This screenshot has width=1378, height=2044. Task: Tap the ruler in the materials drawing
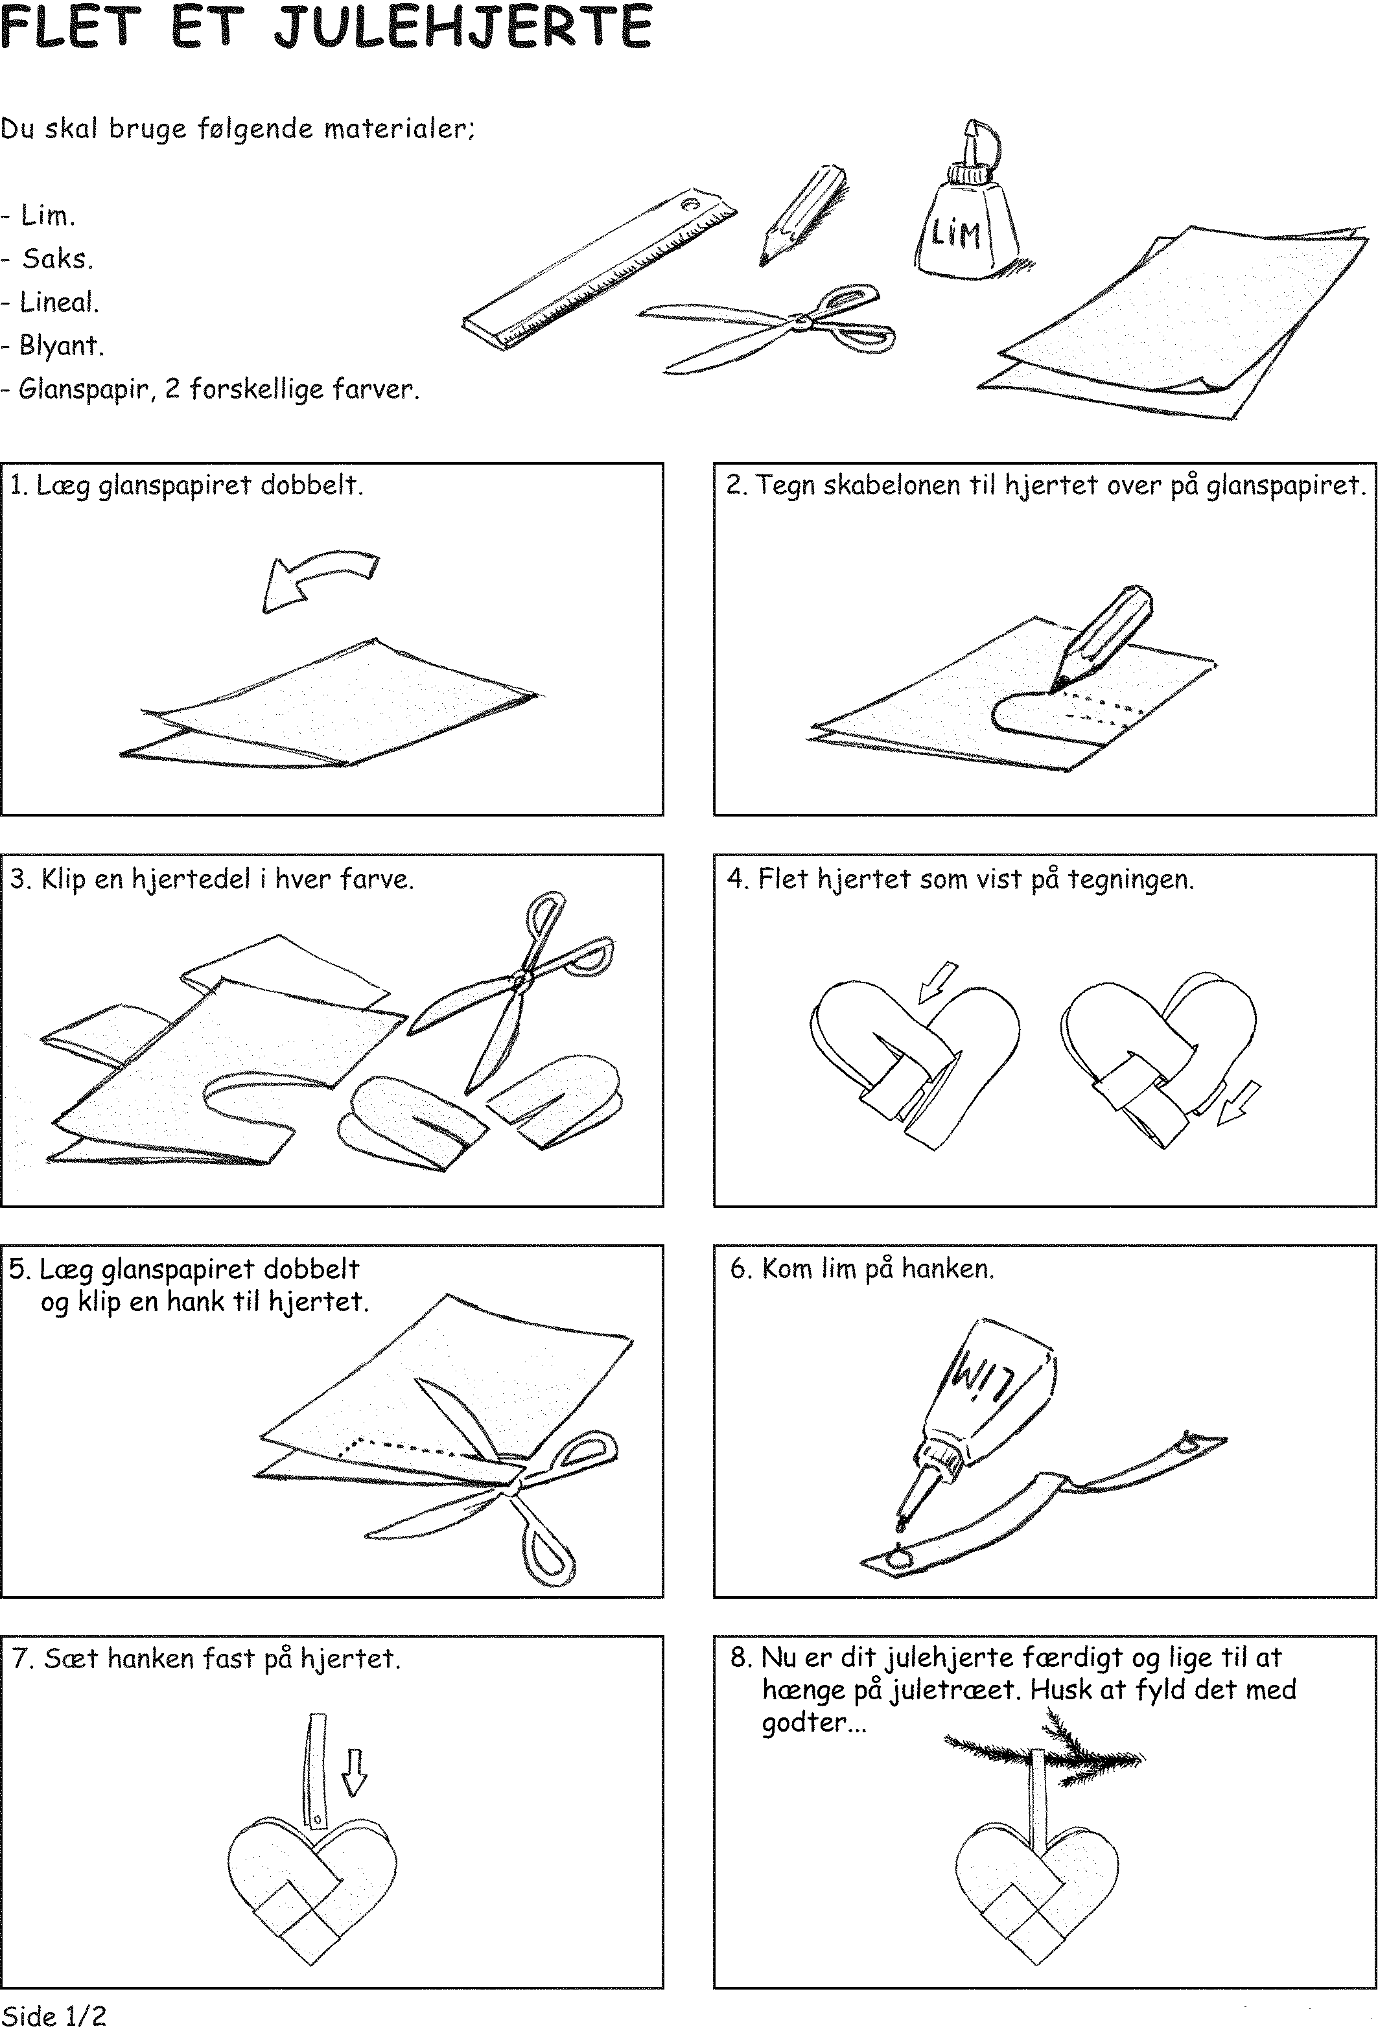click(600, 268)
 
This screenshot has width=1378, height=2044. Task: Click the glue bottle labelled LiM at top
click(965, 215)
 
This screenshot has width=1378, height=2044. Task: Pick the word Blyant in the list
click(62, 345)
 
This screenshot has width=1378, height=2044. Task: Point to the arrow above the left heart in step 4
click(937, 982)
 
